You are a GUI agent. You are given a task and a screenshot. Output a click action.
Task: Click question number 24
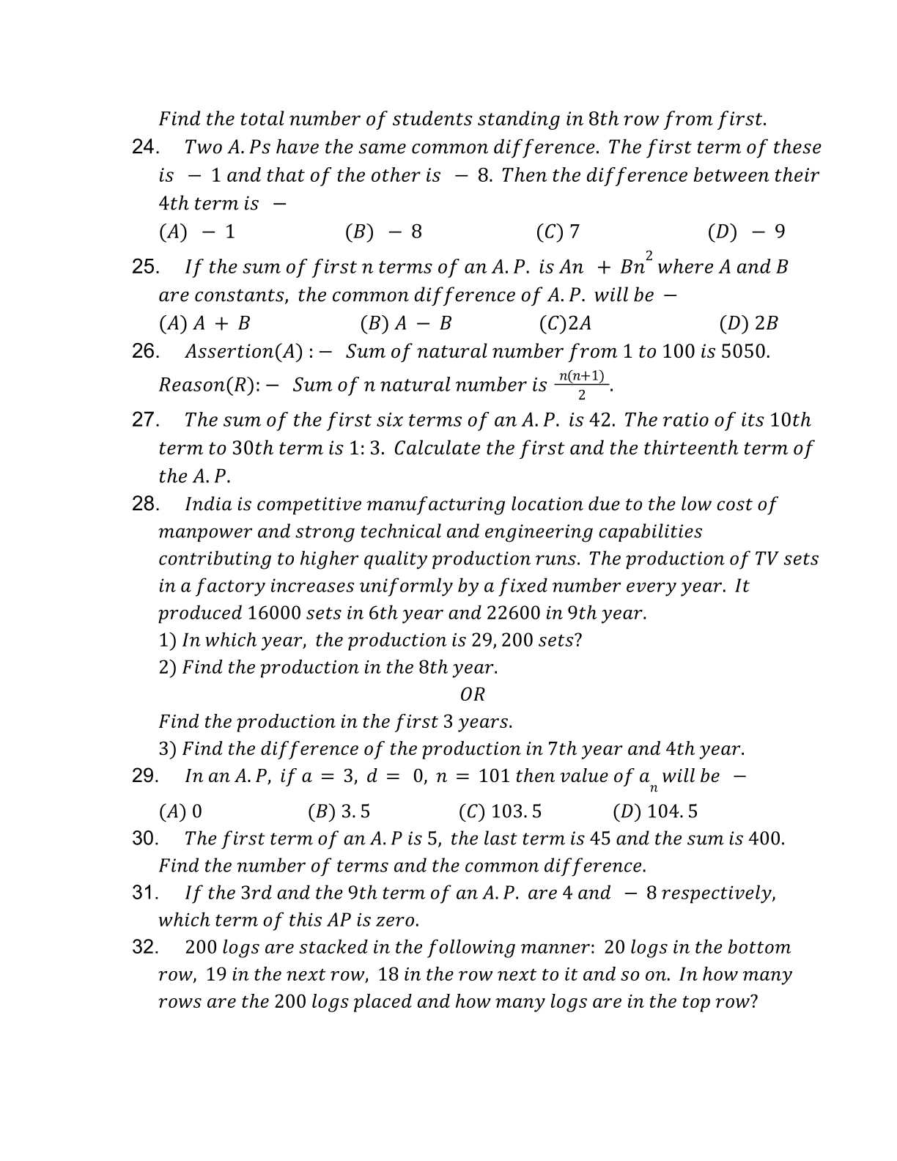tap(144, 147)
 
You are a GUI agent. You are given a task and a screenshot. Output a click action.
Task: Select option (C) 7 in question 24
tap(558, 232)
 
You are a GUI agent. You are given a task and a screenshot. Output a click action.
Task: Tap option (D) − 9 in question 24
tap(746, 232)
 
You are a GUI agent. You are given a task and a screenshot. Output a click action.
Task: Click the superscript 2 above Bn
tap(649, 255)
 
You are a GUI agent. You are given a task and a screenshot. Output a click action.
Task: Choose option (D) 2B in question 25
tap(749, 323)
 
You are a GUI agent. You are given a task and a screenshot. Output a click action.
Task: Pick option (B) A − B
tap(406, 323)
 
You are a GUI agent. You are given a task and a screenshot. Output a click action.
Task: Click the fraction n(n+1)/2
tap(582, 385)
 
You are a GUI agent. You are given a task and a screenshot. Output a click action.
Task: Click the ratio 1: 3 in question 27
tap(366, 448)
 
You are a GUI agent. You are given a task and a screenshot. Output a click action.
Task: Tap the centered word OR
tap(473, 694)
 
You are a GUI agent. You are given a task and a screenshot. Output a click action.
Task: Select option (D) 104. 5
tap(655, 811)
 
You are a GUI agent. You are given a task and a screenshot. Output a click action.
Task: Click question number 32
tap(144, 947)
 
